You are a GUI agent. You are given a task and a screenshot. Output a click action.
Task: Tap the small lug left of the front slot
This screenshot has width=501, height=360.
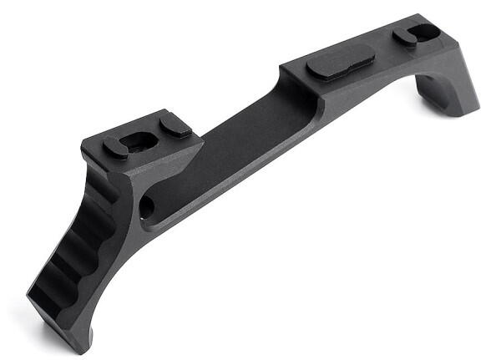click(115, 147)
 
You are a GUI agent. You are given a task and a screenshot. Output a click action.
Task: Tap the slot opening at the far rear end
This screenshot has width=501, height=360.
click(416, 35)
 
